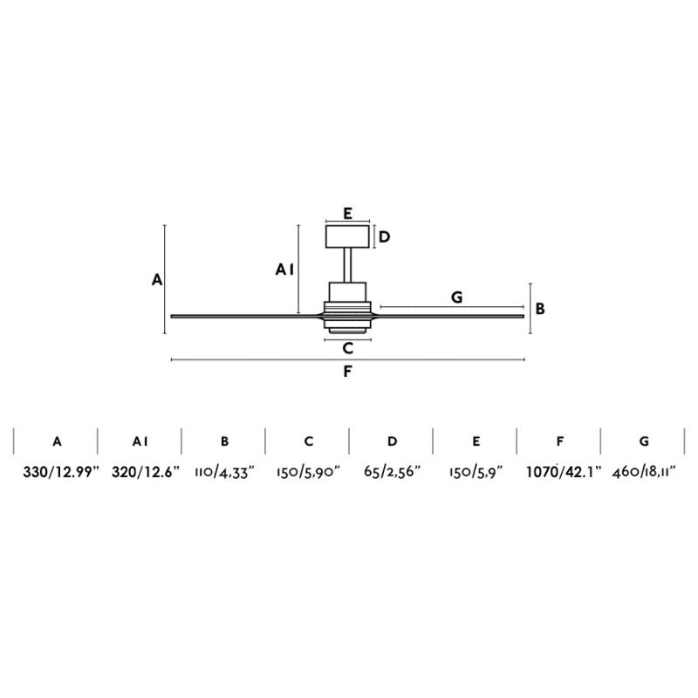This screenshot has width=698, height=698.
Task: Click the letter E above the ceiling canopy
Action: [347, 213]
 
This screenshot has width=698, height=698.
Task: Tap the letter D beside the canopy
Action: [384, 236]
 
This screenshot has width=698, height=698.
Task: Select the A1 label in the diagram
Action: [285, 270]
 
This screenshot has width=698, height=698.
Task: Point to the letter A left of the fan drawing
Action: [157, 279]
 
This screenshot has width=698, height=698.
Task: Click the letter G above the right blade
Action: [456, 297]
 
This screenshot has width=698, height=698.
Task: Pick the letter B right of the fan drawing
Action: [540, 309]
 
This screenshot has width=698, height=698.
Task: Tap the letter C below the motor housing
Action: [347, 347]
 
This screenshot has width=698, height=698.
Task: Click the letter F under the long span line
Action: [347, 372]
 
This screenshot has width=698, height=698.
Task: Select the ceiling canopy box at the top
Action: [347, 236]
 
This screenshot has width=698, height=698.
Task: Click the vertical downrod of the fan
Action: [347, 265]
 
